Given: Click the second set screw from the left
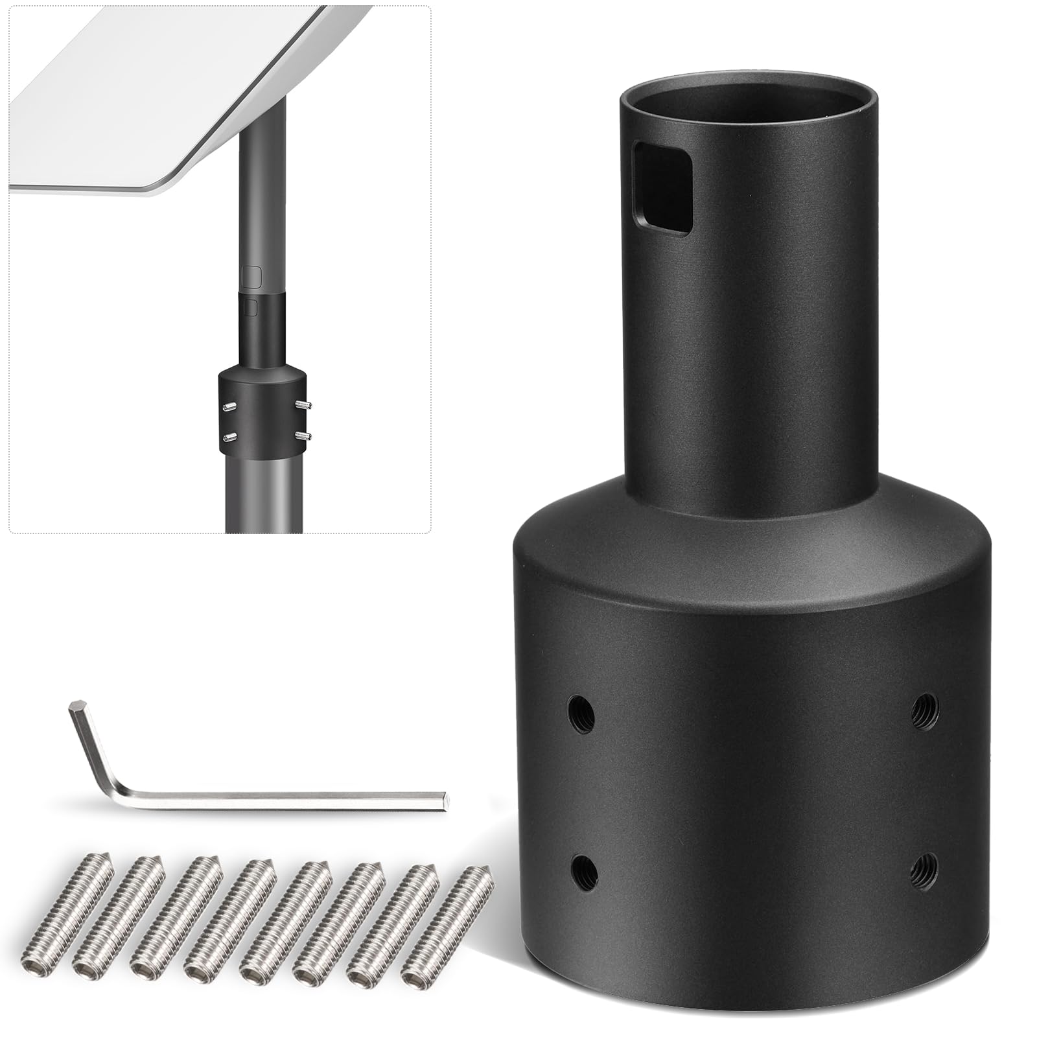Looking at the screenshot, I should (x=143, y=888).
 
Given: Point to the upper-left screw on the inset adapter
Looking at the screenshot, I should (x=228, y=406).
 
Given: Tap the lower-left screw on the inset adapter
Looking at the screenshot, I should (x=228, y=436).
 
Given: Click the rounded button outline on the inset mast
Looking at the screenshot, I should (x=251, y=277).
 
